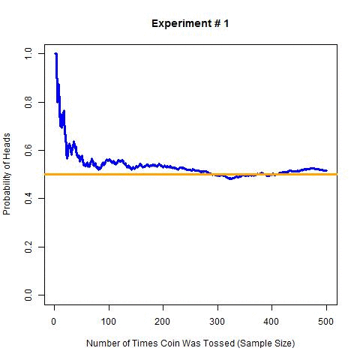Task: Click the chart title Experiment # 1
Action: tap(190, 23)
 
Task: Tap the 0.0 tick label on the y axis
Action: tap(28, 294)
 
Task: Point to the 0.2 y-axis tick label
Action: tap(28, 246)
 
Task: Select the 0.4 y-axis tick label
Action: tap(28, 198)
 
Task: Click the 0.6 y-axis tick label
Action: tap(28, 150)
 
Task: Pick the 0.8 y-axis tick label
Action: tap(28, 102)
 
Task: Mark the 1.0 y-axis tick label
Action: tap(28, 54)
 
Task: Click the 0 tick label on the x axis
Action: tap(54, 321)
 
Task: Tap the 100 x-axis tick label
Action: tap(109, 321)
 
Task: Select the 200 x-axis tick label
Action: tap(163, 321)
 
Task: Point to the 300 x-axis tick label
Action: tap(217, 321)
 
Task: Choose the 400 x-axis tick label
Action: tap(271, 321)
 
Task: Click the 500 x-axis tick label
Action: tap(326, 321)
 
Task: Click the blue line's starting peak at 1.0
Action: tap(55, 54)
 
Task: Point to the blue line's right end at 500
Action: tap(326, 170)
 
